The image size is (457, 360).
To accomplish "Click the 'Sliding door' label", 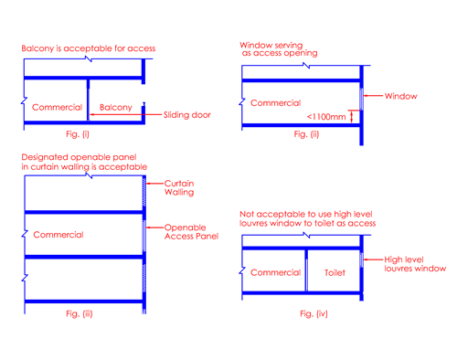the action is click(x=187, y=115).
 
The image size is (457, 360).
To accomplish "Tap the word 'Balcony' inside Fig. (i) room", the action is click(x=116, y=108).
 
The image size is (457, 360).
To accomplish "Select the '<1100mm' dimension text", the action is click(x=326, y=117).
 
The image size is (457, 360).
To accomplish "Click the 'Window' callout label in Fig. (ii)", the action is click(x=400, y=96).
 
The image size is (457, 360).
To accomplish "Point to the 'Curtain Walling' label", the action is click(x=179, y=187).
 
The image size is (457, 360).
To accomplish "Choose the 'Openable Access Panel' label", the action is click(x=191, y=232).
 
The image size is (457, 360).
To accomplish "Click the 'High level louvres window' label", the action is click(x=415, y=264).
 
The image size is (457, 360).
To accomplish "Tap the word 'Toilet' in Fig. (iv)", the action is click(x=335, y=272).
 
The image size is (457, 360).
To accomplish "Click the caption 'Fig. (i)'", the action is click(x=78, y=134).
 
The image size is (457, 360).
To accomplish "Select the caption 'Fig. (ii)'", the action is click(x=306, y=134).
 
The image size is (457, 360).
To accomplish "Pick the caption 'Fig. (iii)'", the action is click(x=80, y=313).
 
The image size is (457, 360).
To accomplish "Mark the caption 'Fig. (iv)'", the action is click(x=314, y=313).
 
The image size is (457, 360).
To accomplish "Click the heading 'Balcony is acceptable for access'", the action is click(x=89, y=48).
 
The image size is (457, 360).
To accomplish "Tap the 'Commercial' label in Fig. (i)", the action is click(x=57, y=107).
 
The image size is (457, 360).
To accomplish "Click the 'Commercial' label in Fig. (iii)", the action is click(x=58, y=235).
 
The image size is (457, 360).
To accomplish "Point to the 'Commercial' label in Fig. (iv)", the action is click(x=275, y=272).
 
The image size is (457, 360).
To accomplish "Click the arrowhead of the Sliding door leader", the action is click(x=90, y=114).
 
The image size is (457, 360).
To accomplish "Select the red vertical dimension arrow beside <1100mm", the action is click(x=352, y=116).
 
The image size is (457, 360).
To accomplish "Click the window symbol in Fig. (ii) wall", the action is click(x=361, y=99).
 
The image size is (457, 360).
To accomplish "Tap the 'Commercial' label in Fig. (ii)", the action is click(x=275, y=103).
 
